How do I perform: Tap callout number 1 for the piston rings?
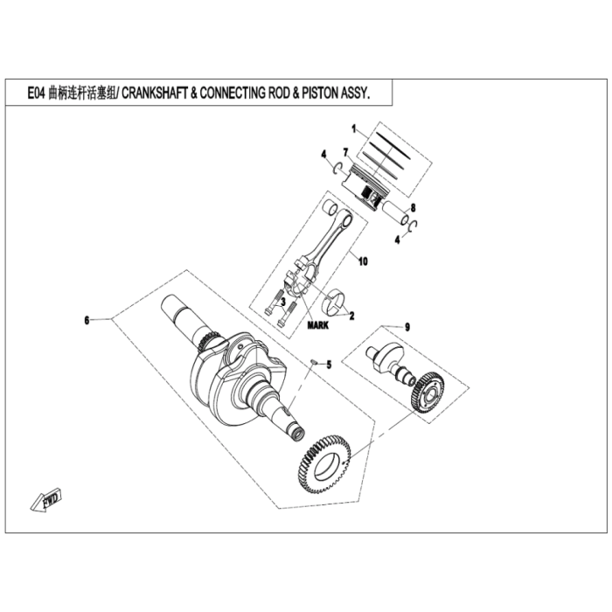click(354, 129)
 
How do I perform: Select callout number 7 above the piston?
click(346, 152)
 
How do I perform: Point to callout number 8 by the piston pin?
click(414, 207)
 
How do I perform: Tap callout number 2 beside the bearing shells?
click(351, 315)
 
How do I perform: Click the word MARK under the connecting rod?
click(317, 324)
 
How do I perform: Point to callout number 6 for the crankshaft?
click(87, 321)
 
